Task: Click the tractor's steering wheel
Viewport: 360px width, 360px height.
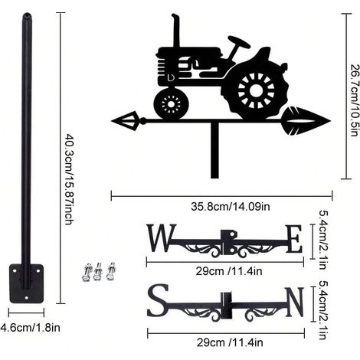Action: (x=239, y=42)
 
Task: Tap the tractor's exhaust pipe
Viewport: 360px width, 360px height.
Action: (x=176, y=31)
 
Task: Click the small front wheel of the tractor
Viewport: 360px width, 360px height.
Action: (x=171, y=103)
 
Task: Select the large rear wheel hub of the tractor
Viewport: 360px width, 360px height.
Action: (x=256, y=90)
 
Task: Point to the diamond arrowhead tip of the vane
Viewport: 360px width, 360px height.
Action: (x=112, y=121)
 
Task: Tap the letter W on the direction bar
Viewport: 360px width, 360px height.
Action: (x=162, y=237)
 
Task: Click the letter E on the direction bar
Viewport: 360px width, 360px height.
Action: (x=293, y=239)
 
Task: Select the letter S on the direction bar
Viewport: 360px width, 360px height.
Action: (x=159, y=299)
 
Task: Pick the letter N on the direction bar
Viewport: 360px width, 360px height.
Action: (x=295, y=302)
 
